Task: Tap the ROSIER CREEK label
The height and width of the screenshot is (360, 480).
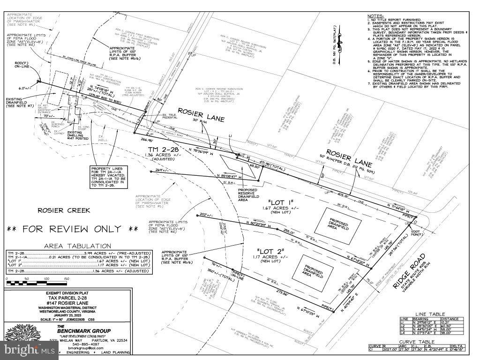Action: (x=64, y=210)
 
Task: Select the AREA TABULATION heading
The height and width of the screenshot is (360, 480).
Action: (x=77, y=246)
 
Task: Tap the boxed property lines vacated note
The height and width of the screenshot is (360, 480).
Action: (x=114, y=177)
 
